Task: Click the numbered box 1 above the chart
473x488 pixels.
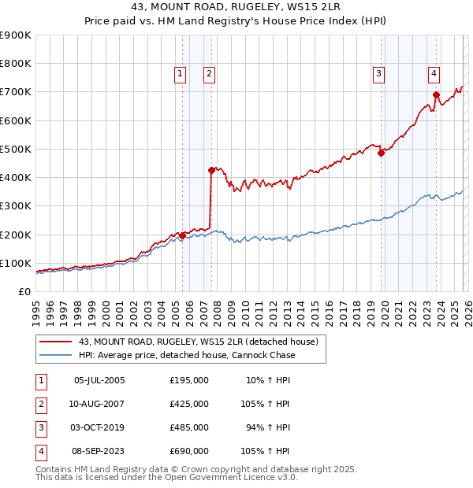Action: coord(181,74)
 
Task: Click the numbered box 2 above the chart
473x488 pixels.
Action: coord(209,74)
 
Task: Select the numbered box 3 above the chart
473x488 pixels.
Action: coord(378,74)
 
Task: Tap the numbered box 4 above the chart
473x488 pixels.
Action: coord(434,74)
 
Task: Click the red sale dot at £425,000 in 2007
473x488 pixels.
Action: coord(211,170)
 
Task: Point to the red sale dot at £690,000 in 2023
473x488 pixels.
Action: coord(436,94)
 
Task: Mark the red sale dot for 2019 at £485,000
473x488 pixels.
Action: coord(381,153)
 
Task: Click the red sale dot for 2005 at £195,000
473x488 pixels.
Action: coord(182,235)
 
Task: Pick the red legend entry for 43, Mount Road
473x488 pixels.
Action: coord(197,342)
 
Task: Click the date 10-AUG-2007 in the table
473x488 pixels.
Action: coord(99,404)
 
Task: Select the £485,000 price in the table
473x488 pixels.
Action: coord(189,427)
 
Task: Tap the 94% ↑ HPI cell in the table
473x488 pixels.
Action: coord(268,427)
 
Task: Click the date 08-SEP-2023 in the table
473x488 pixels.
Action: coord(99,451)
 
